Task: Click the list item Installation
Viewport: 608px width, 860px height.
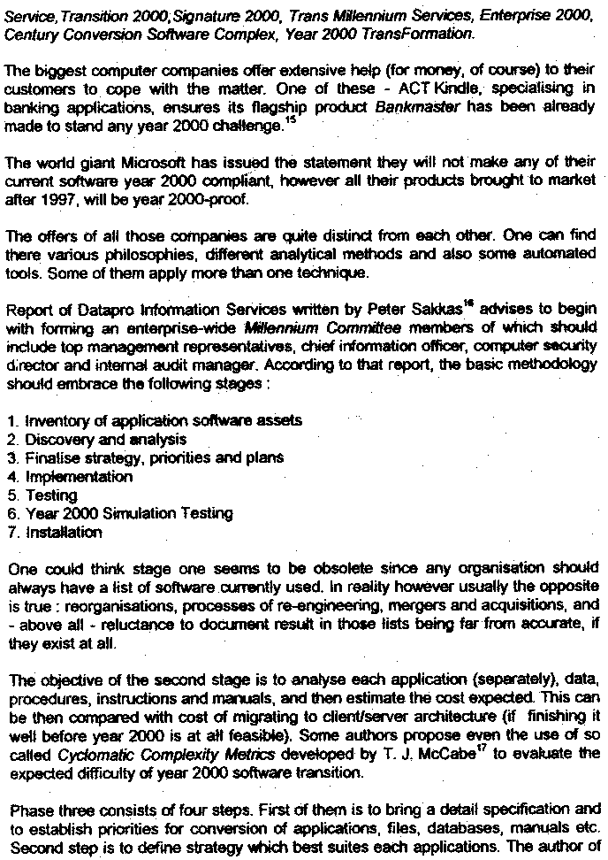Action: (x=64, y=532)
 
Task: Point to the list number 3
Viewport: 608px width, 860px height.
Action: (x=11, y=457)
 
